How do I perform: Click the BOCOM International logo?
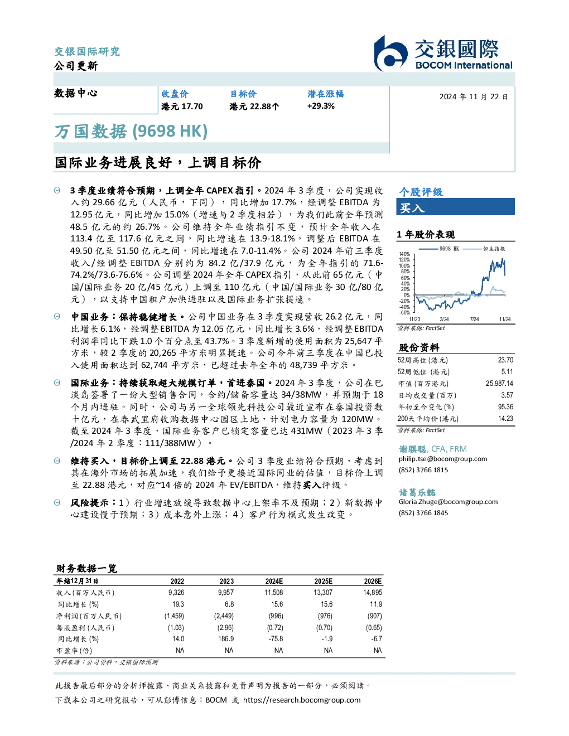pos(443,53)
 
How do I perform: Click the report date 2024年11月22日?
pos(474,97)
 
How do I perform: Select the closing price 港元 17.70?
pos(182,106)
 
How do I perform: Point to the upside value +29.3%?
pos(321,106)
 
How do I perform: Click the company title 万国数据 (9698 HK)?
pos(131,132)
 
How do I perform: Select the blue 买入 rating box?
pos(455,207)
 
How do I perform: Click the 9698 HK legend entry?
pos(439,249)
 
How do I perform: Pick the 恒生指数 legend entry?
pos(484,249)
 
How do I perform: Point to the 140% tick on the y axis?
pos(404,254)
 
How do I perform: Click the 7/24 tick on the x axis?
pos(475,319)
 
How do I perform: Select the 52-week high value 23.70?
pos(505,360)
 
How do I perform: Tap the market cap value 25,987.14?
pos(499,383)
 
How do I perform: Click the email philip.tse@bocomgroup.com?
pos(442,459)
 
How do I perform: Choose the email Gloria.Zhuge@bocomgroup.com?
pos(448,502)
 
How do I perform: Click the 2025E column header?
pos(324,581)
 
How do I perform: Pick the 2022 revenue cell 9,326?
pos(176,592)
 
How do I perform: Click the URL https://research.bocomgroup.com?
pos(302,700)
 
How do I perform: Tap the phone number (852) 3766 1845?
pos(423,513)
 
